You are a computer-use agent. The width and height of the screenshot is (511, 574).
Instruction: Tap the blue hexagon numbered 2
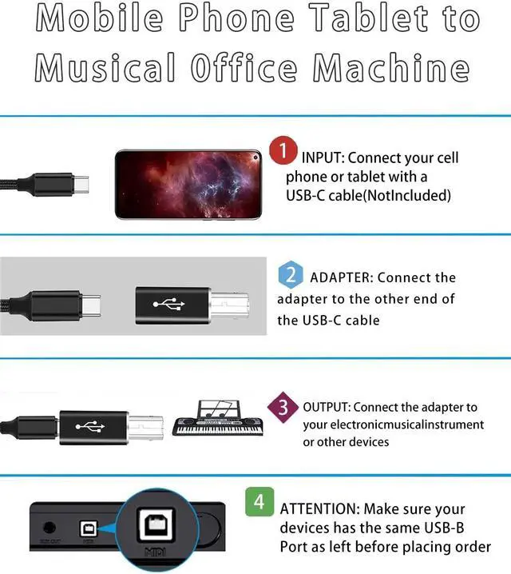pyautogui.click(x=291, y=276)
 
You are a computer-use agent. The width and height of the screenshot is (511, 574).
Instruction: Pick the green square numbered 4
pyautogui.click(x=258, y=503)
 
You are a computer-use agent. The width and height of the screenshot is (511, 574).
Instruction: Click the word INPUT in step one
pyautogui.click(x=322, y=158)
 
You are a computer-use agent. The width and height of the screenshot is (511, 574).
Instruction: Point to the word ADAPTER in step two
pyautogui.click(x=339, y=278)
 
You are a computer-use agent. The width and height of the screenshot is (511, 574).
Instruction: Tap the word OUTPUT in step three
pyautogui.click(x=327, y=407)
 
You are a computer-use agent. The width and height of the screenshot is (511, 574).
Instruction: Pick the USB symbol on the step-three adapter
pyautogui.click(x=90, y=426)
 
